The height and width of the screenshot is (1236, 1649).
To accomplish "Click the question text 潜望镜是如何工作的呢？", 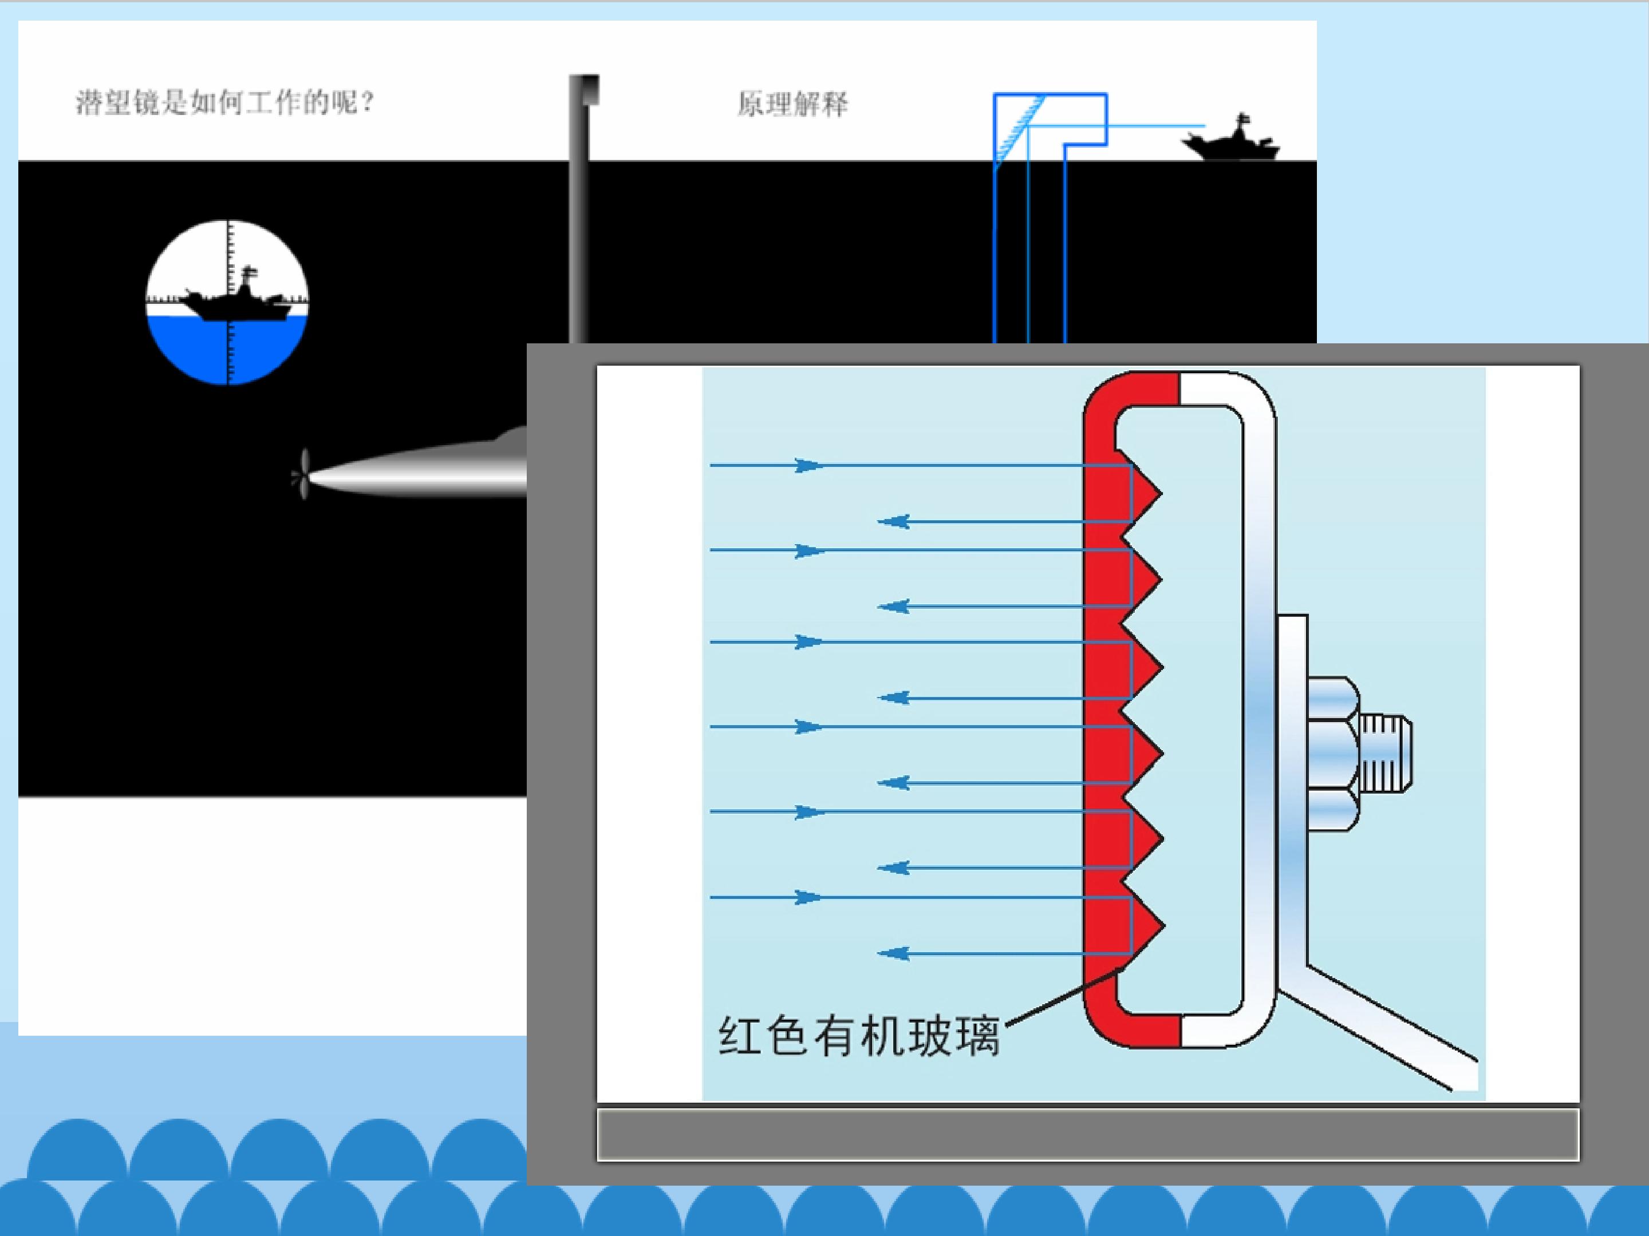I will pos(224,103).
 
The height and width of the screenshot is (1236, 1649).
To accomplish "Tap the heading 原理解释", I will pos(792,104).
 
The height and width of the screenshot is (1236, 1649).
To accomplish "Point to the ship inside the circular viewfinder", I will pos(235,302).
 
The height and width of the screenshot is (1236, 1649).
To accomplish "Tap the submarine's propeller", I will pos(302,474).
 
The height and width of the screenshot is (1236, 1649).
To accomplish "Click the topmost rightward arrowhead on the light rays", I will pos(807,466).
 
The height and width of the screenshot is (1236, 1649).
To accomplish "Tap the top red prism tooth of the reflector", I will pos(1145,492).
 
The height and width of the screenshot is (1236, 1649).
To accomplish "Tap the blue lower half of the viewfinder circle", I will pos(227,350).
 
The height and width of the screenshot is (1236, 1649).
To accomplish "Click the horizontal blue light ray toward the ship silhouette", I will pos(1155,126).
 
